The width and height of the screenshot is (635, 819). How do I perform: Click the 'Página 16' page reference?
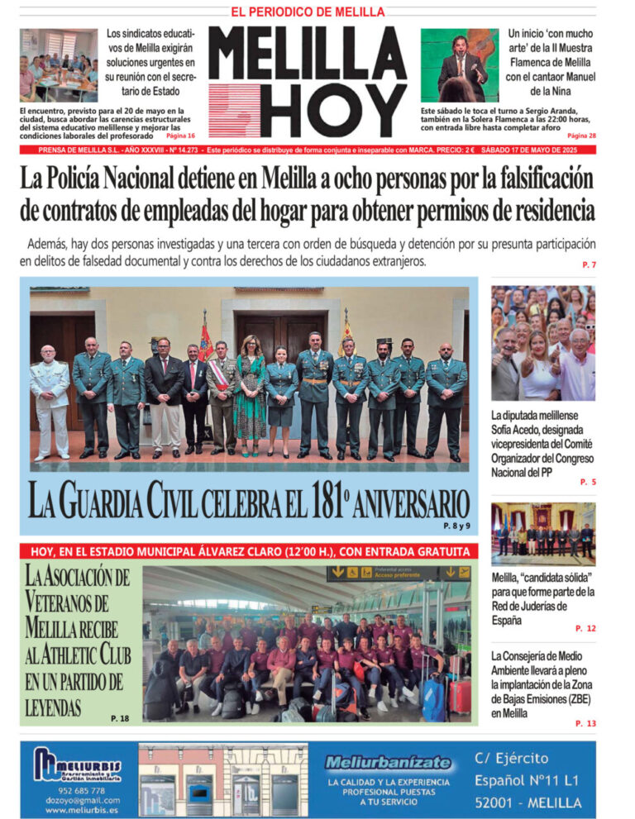(x=181, y=136)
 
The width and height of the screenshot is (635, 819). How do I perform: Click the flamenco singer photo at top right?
(x=460, y=65)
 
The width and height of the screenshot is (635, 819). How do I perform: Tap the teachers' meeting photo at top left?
(x=58, y=65)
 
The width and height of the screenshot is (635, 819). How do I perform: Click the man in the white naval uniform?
(x=50, y=396)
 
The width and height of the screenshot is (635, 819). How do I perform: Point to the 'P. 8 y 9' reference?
(x=456, y=526)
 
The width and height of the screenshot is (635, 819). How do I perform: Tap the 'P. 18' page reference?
(x=120, y=718)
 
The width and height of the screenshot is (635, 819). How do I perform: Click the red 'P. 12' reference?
(x=585, y=628)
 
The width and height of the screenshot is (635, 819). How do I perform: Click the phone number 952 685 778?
(x=82, y=789)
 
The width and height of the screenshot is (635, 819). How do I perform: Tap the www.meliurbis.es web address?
(x=82, y=810)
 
